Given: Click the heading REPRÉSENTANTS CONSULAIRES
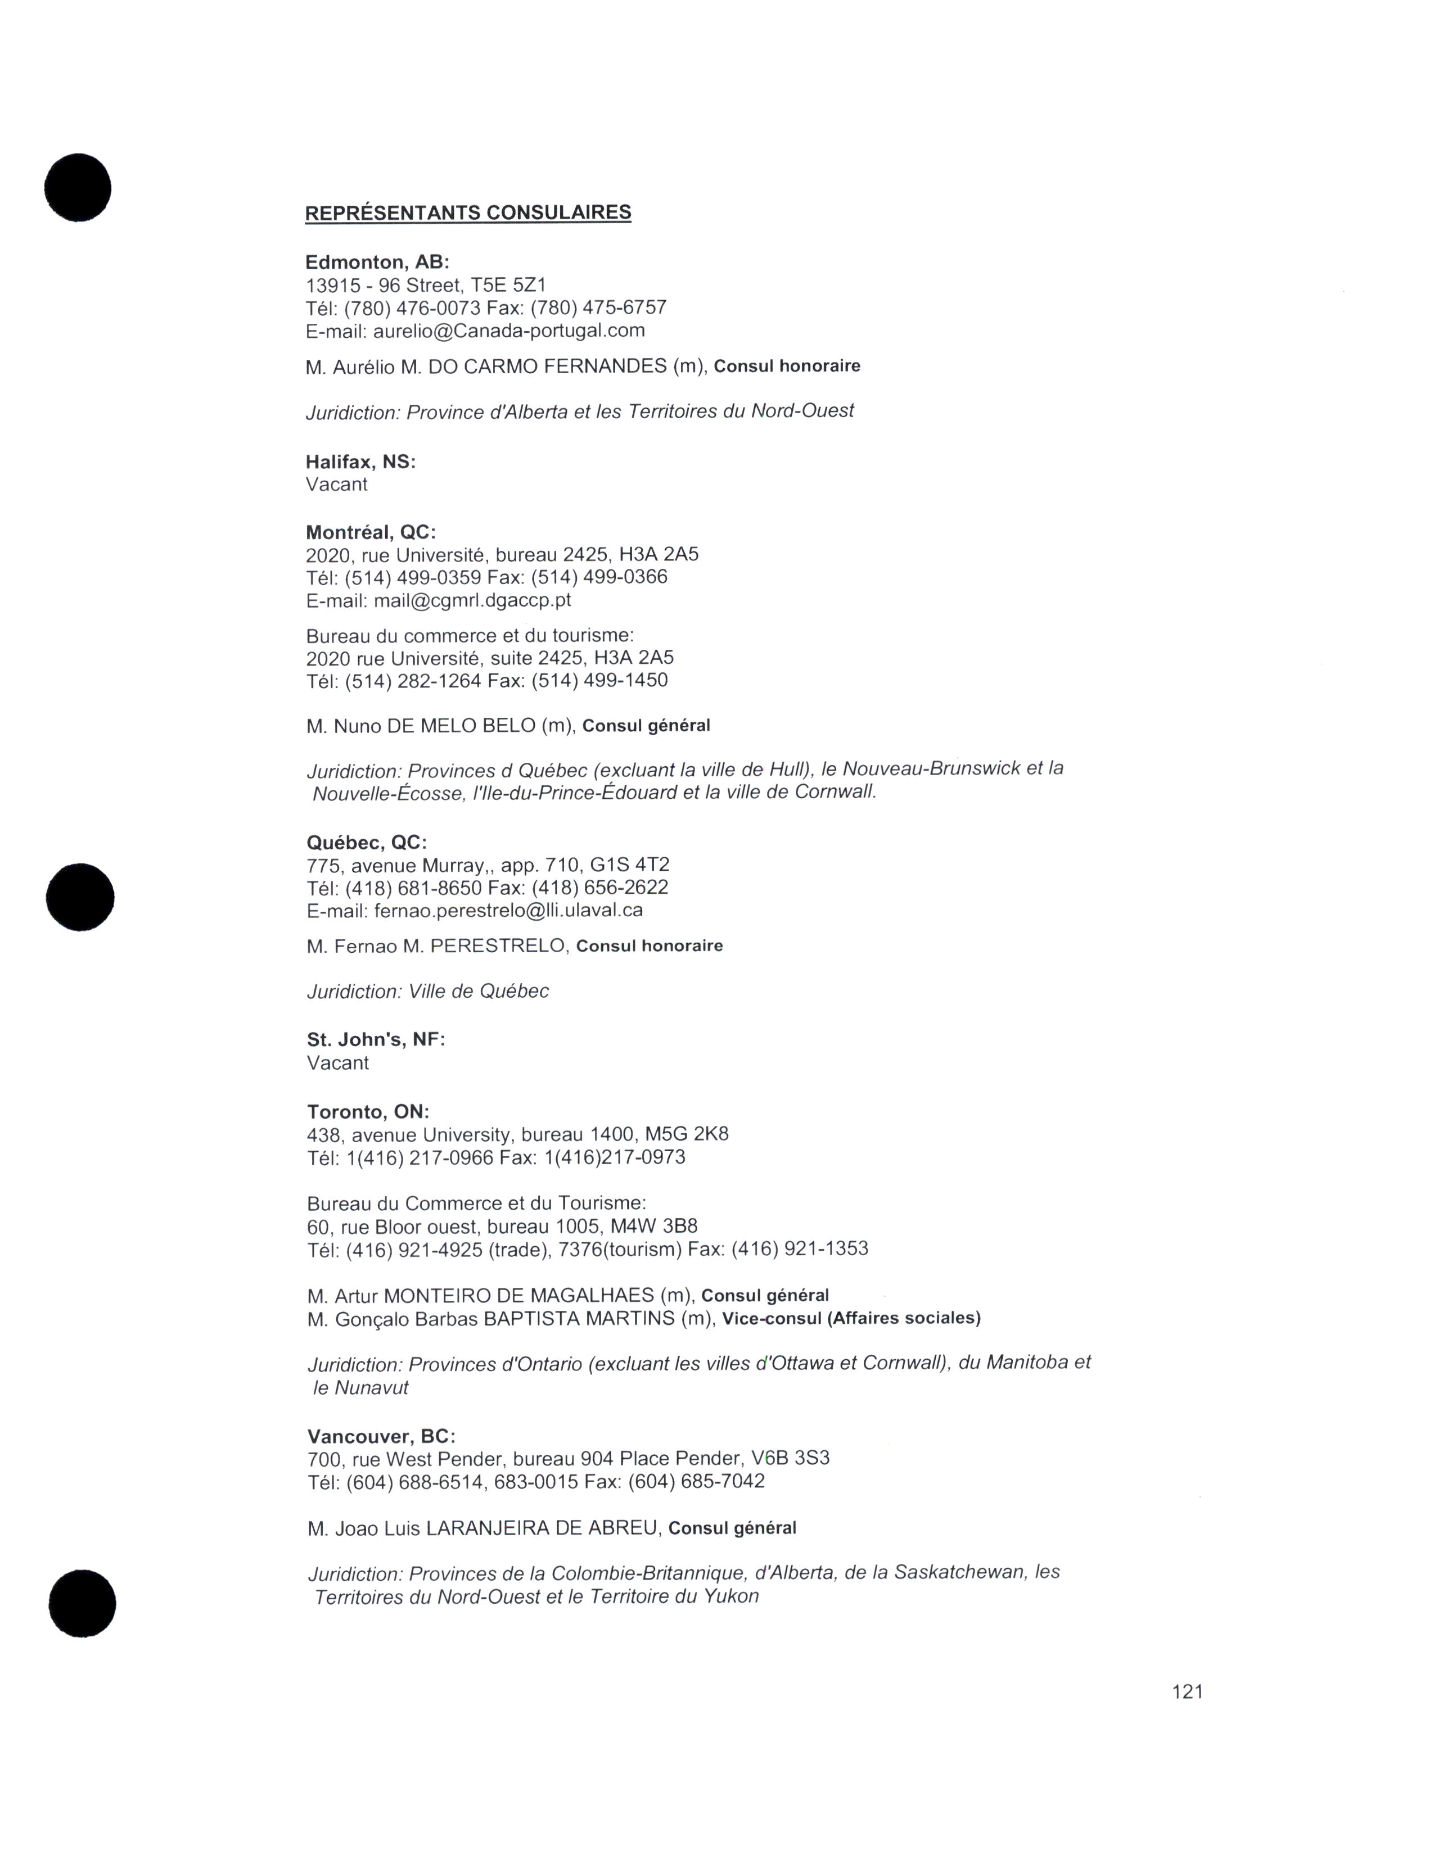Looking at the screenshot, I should (468, 212).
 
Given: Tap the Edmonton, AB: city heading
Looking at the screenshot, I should (377, 263).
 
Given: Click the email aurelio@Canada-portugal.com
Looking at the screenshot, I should (509, 331).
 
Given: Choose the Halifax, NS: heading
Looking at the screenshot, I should (361, 462).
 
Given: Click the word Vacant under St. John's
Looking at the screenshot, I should (338, 1064).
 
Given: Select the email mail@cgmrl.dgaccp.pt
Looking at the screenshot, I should (472, 600).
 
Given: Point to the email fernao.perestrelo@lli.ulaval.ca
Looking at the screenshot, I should (508, 911).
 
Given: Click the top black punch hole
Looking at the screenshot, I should (78, 188).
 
